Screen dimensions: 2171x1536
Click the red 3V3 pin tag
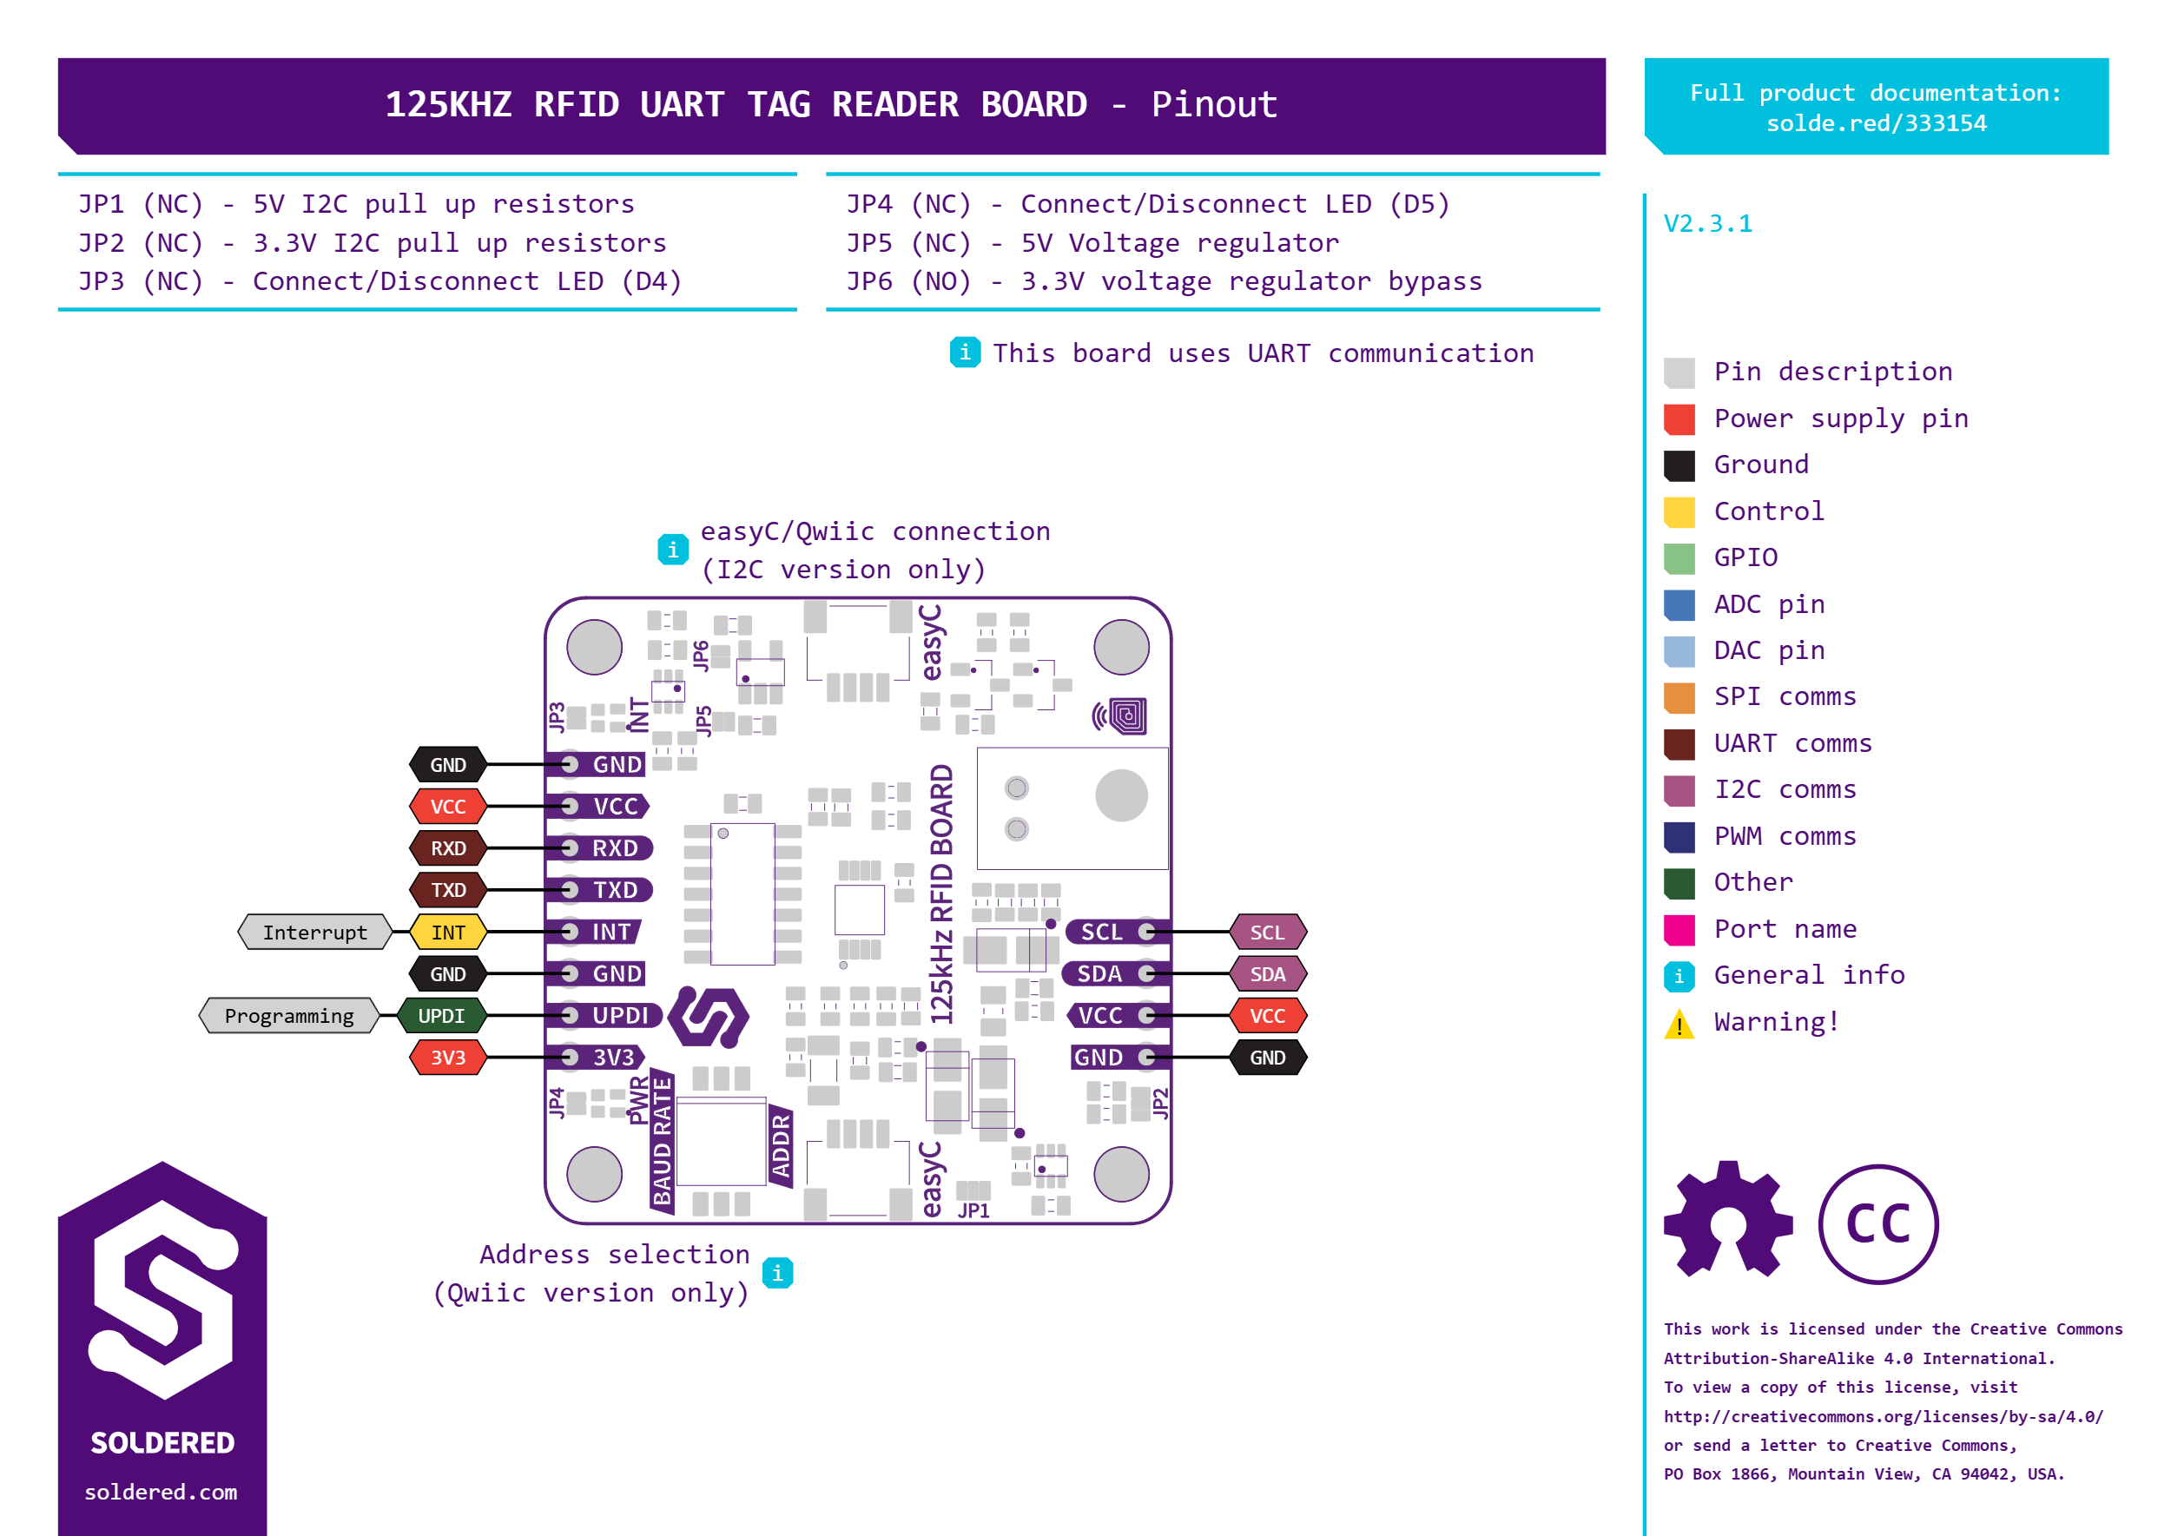point(447,1058)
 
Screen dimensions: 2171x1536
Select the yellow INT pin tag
point(447,932)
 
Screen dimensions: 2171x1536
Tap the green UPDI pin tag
point(441,1016)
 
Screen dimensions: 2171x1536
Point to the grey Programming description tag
point(289,1016)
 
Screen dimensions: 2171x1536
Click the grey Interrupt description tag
point(315,932)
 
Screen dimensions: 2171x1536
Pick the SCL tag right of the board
point(1268,932)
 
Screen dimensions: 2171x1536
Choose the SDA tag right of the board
point(1268,974)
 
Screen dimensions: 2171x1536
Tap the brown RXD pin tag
point(447,848)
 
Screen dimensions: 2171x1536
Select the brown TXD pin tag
point(447,890)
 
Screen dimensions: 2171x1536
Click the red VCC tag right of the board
point(1268,1016)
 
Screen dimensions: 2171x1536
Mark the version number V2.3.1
point(1707,224)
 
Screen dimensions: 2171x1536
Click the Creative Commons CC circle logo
point(1877,1224)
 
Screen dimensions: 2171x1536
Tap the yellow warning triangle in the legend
point(1679,1024)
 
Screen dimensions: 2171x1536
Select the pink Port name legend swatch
point(1679,930)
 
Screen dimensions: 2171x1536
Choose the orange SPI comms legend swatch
point(1679,698)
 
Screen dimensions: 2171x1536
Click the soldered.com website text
point(161,1492)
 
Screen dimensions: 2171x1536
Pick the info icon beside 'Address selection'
point(777,1273)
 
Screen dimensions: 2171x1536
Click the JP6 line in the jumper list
point(1165,281)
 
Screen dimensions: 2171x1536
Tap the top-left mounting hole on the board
point(594,647)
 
